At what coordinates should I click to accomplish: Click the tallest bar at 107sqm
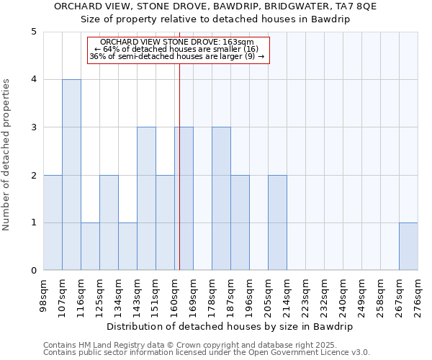click(71, 175)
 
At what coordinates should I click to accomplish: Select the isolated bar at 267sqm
click(408, 246)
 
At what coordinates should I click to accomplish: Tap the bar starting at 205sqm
click(277, 222)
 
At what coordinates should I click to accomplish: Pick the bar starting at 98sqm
click(53, 222)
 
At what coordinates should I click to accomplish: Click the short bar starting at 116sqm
click(90, 246)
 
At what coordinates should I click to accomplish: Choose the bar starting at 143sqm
click(146, 199)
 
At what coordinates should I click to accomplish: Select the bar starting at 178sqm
click(221, 199)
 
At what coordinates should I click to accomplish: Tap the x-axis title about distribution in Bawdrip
click(230, 326)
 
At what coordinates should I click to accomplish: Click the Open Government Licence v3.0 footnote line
click(207, 353)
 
